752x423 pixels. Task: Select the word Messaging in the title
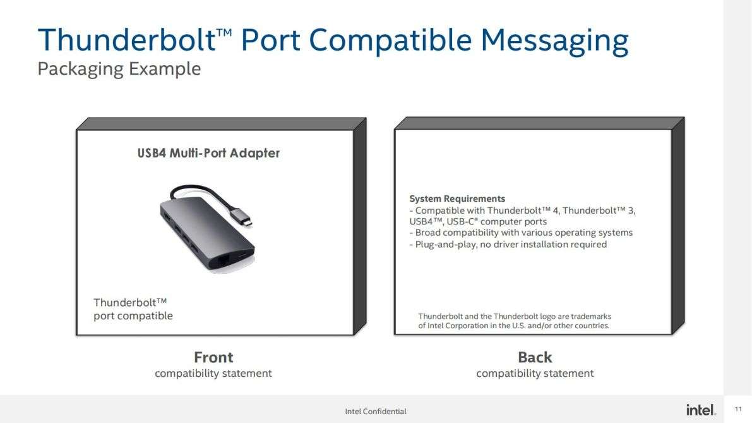coord(554,42)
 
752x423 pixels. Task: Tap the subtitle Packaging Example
coord(119,69)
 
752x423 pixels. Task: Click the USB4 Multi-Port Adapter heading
coord(208,153)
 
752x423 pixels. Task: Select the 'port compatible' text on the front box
coord(133,316)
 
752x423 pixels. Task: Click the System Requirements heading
coord(457,199)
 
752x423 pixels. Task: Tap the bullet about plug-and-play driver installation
coord(508,245)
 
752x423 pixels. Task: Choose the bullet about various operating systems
coord(521,233)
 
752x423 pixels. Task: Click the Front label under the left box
coord(213,357)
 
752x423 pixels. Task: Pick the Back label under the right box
coord(535,357)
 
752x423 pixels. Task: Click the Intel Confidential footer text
coord(376,412)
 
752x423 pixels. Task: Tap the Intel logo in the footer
coord(701,410)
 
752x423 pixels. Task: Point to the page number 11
coord(738,409)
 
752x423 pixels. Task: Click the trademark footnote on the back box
coord(515,321)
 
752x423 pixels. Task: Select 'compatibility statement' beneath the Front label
coord(213,374)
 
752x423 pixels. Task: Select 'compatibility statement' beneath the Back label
coord(535,374)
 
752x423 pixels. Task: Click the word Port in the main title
coord(270,40)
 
